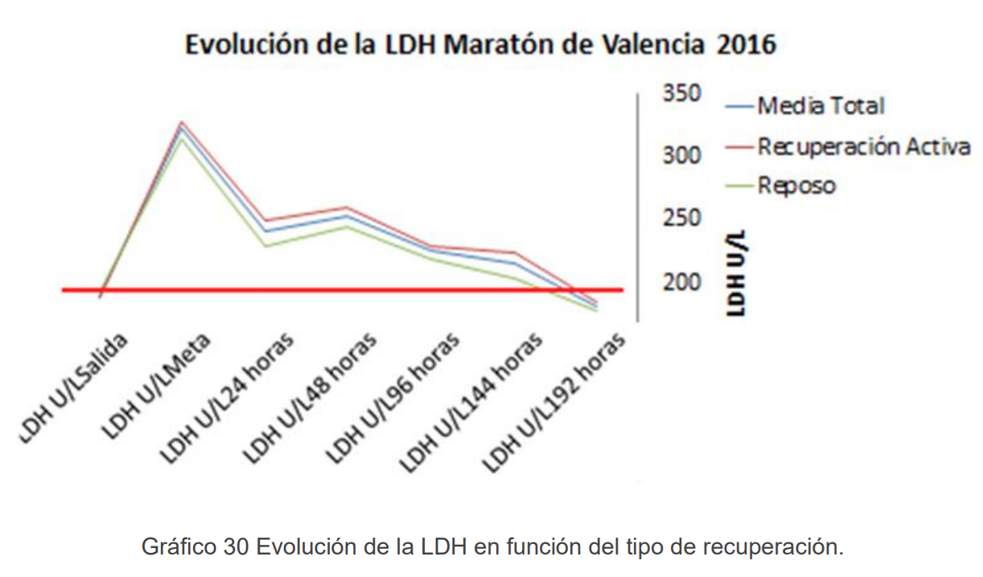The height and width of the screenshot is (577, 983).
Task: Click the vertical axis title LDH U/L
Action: pyautogui.click(x=737, y=272)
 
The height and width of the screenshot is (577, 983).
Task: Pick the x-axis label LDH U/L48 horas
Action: pyautogui.click(x=310, y=398)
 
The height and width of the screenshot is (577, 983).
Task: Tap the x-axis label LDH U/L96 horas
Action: pyautogui.click(x=392, y=398)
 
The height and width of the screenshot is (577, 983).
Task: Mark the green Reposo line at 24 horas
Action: pyautogui.click(x=265, y=245)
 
